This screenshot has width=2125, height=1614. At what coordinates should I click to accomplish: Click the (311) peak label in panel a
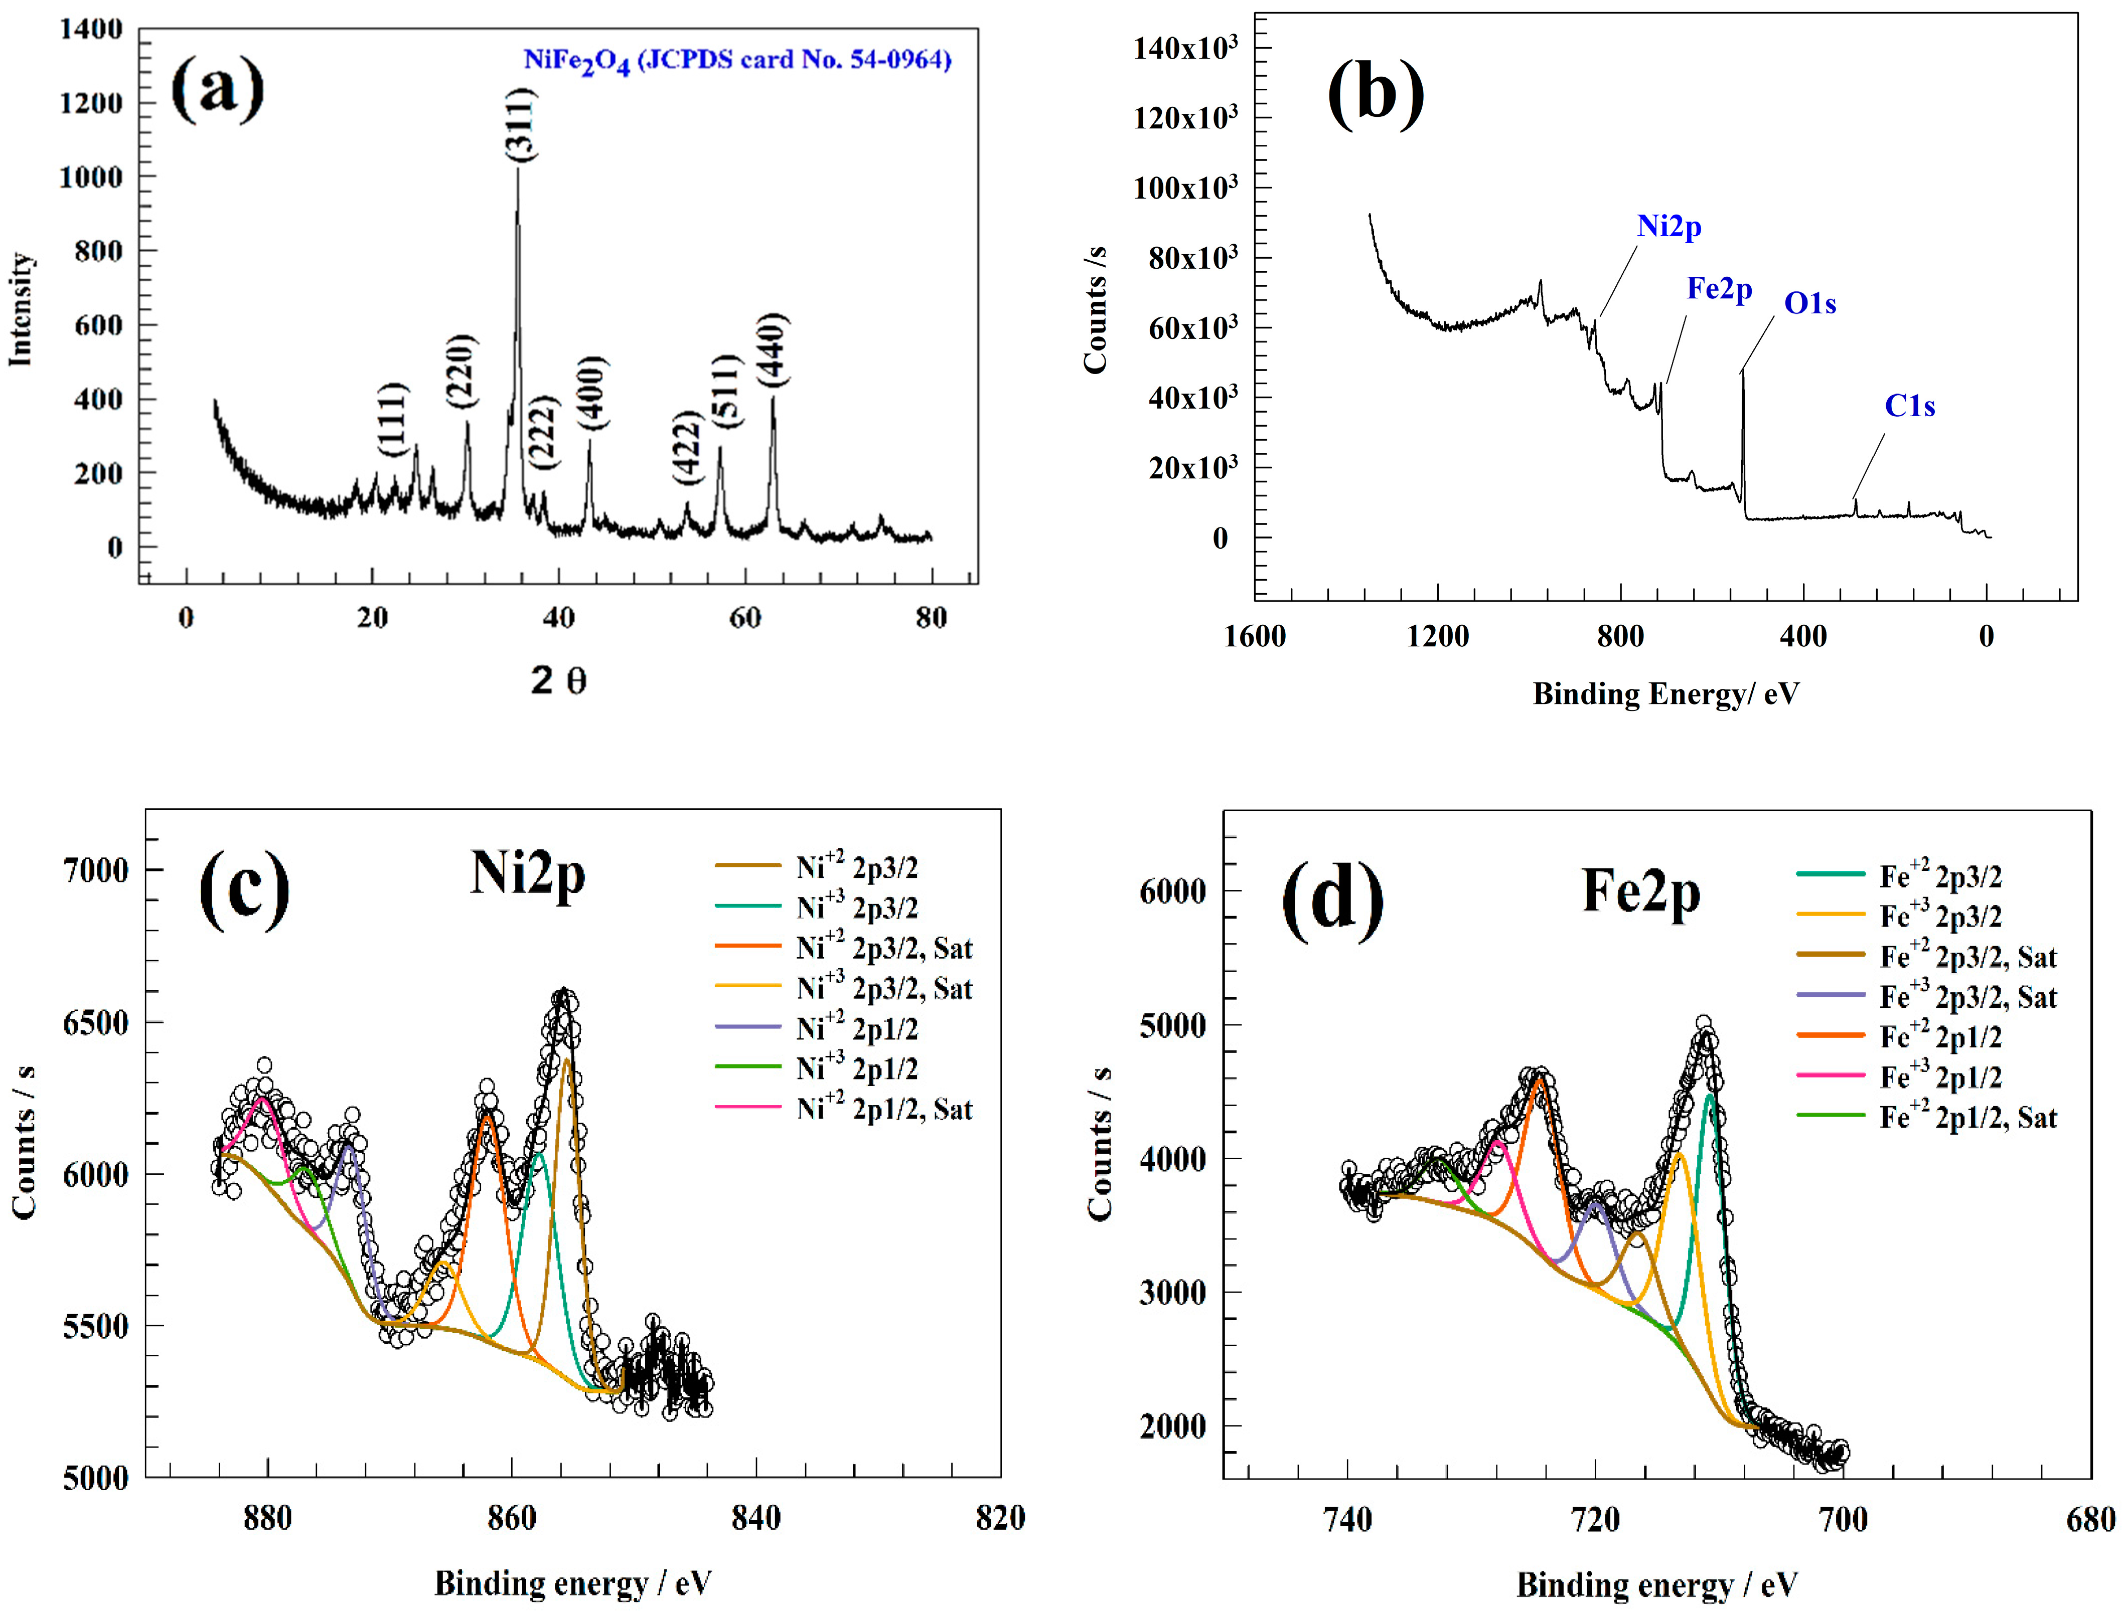coord(520,123)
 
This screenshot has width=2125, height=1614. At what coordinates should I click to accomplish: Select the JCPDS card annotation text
coord(737,61)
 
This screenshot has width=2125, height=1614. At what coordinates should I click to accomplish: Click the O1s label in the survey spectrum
coord(1810,303)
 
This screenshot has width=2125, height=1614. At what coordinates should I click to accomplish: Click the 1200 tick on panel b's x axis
coord(1438,636)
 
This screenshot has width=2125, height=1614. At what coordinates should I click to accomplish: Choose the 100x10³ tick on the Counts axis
coord(1185,188)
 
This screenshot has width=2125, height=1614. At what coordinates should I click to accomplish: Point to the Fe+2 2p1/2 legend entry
coord(1939,1037)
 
